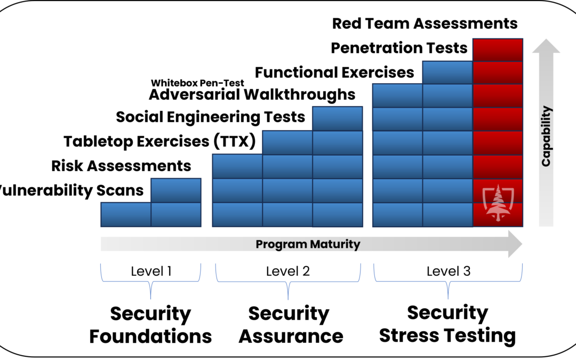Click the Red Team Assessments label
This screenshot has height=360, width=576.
coord(425,23)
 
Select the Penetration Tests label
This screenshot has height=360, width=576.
coord(399,48)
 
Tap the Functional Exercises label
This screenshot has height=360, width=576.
coord(334,73)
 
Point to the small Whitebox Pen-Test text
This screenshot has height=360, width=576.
coord(197,83)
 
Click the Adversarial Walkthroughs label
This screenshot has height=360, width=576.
coord(252,95)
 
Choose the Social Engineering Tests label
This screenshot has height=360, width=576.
coord(211,117)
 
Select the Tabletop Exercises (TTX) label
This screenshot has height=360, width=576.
coord(159,141)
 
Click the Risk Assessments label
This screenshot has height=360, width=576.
coord(121,166)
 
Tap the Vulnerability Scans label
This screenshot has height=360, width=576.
coord(71,190)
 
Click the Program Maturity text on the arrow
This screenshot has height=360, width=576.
coord(308,244)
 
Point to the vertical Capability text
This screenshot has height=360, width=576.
coord(547,136)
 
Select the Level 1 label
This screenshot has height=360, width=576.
coord(151,271)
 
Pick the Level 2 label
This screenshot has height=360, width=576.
coord(288,271)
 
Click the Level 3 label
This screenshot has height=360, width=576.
coord(449,271)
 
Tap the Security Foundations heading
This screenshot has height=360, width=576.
coord(150,325)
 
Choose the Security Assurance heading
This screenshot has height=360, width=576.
coord(291,325)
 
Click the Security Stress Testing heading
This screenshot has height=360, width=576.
coord(447,324)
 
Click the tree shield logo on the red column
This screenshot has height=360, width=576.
coord(498,203)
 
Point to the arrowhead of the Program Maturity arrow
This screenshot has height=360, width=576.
coord(515,244)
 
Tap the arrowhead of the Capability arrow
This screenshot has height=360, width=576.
coord(546,46)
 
